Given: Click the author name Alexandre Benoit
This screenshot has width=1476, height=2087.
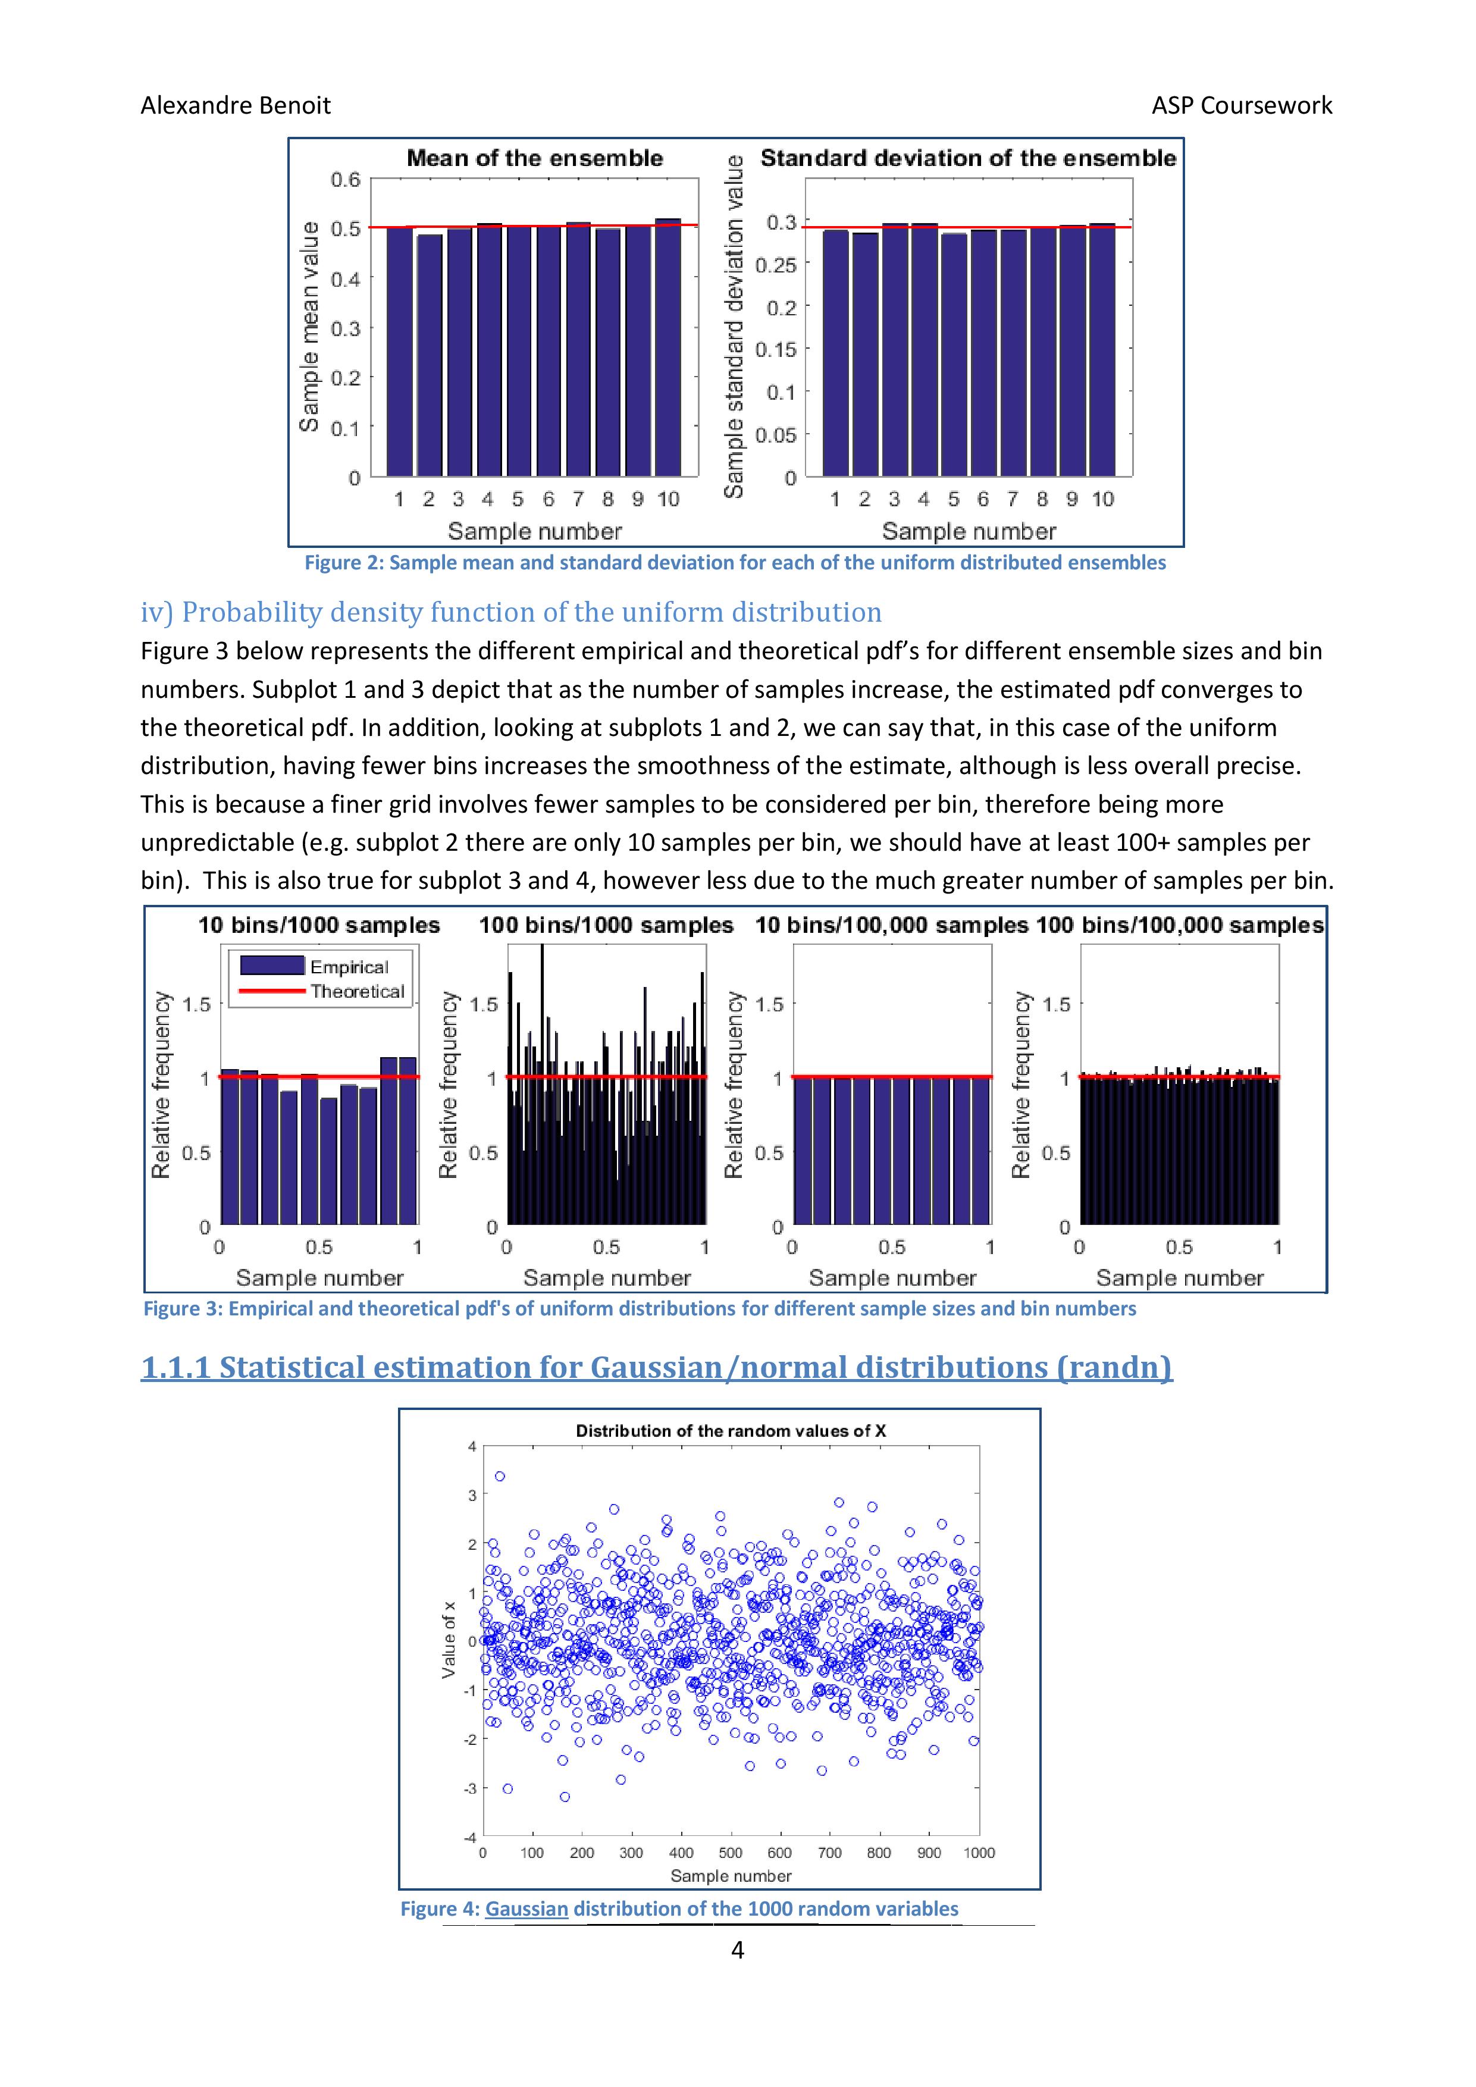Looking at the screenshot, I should coord(236,105).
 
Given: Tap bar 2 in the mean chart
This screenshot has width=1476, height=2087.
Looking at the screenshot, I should coord(429,355).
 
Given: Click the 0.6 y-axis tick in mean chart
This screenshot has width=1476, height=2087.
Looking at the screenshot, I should coord(346,179).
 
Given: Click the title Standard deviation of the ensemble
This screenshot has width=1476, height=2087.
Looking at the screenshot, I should coord(968,158).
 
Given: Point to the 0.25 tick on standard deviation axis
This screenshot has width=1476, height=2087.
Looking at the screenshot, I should coord(775,265).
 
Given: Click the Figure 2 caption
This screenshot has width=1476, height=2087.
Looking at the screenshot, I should coord(734,563).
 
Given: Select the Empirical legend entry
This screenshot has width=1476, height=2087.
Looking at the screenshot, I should coord(349,966).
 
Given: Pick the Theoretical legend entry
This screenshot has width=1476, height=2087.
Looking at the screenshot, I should coord(356,991).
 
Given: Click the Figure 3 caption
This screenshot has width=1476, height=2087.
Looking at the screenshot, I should coord(639,1308).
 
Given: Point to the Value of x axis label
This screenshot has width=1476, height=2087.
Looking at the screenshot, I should coord(448,1646).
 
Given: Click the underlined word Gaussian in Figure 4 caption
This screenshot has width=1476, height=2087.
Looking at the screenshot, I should coord(527,1909).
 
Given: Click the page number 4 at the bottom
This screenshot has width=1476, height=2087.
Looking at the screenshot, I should coord(737,1950).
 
